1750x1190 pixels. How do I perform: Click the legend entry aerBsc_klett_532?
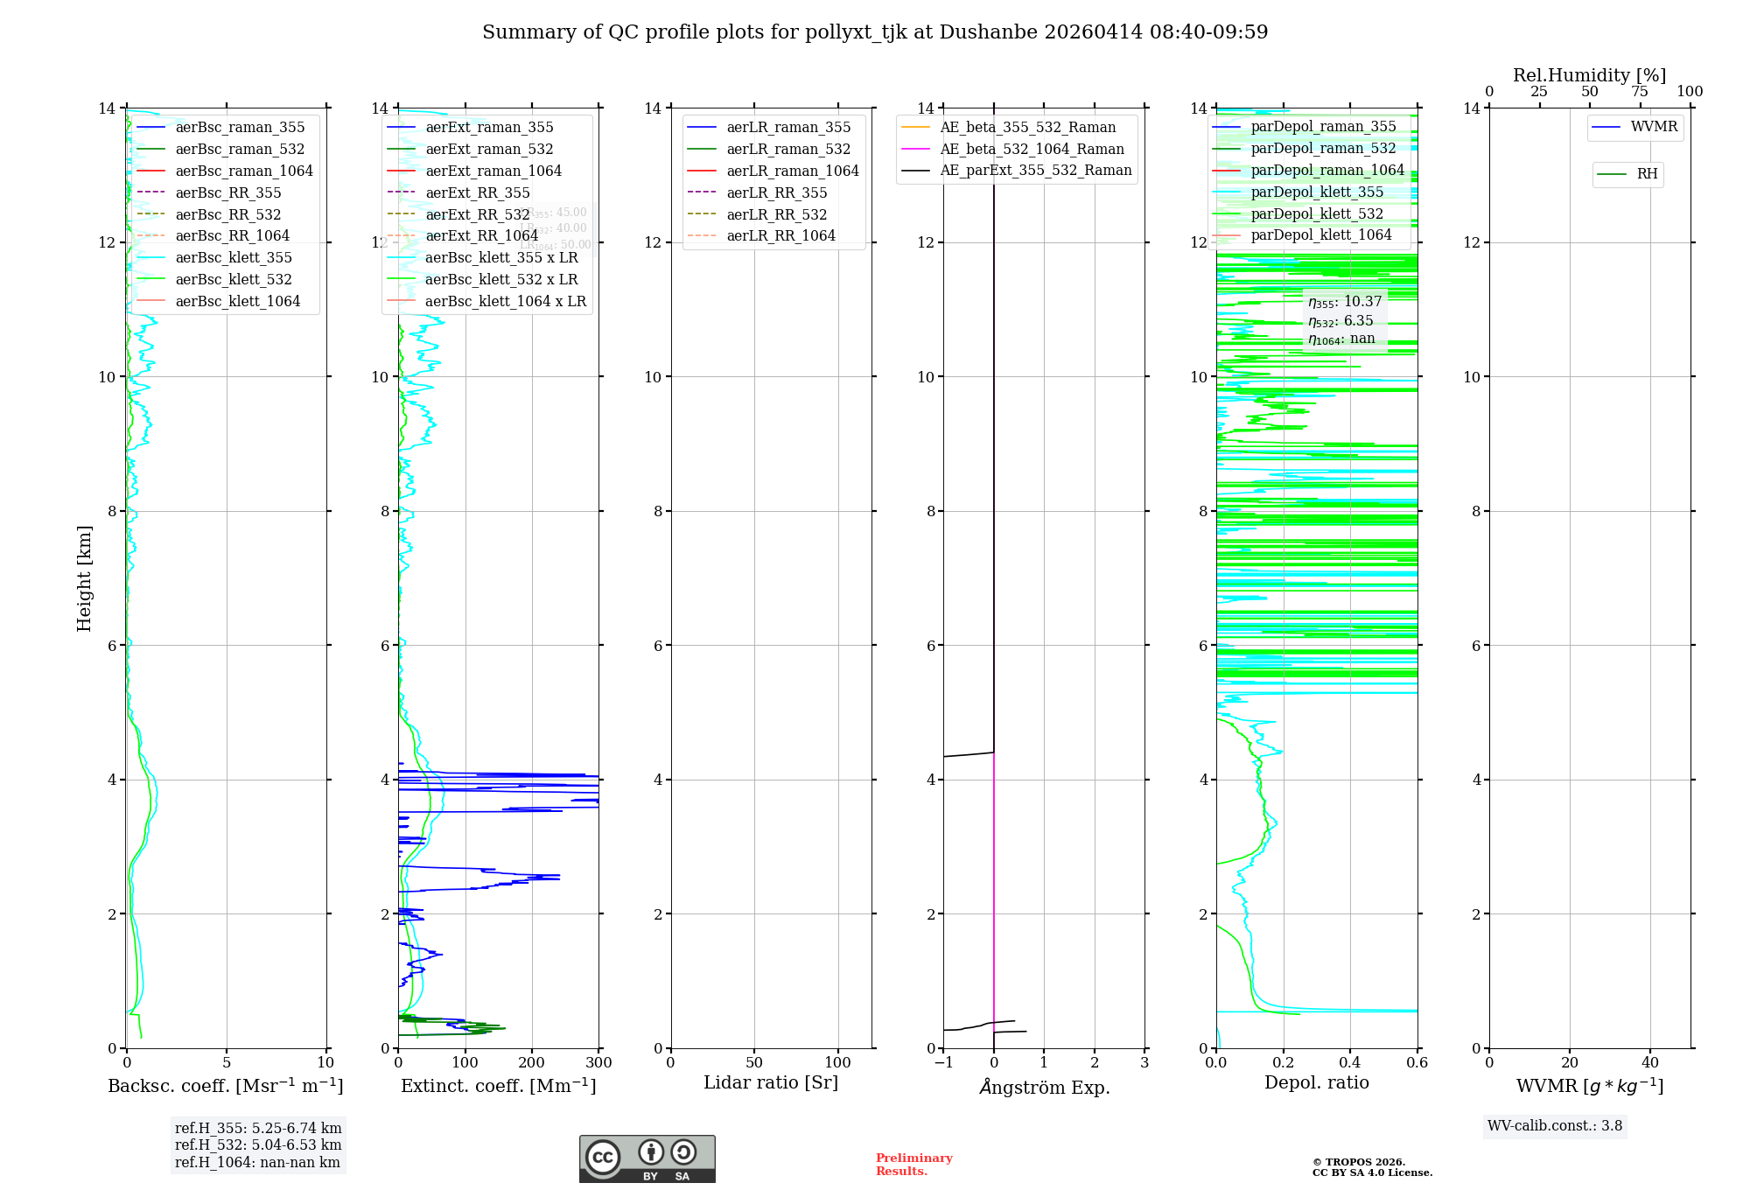tap(234, 280)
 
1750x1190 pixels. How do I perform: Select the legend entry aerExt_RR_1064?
tap(481, 236)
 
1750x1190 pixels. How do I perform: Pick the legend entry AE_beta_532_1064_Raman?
tap(1032, 150)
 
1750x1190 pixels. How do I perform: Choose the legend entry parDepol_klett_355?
tap(1317, 192)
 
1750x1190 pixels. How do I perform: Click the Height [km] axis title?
tap(84, 578)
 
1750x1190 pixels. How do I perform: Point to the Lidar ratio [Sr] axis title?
tap(771, 1083)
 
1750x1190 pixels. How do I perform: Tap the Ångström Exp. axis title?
tap(1044, 1088)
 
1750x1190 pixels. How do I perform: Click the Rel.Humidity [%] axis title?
tap(1589, 75)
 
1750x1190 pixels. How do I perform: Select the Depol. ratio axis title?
tap(1316, 1083)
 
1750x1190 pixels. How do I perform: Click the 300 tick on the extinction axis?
tap(599, 1063)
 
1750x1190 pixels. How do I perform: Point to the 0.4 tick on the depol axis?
tap(1350, 1063)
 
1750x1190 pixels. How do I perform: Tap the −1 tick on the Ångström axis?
tap(943, 1063)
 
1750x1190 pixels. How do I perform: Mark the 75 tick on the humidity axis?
tap(1640, 92)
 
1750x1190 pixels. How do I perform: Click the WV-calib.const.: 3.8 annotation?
tap(1555, 1126)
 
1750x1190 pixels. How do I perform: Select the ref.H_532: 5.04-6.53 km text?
tap(258, 1145)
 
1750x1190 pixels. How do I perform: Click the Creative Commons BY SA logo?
tap(647, 1159)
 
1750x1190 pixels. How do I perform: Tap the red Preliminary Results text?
tap(913, 1165)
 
